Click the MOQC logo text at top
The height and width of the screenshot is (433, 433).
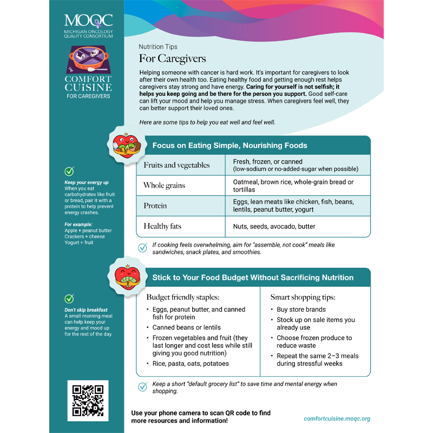(x=88, y=21)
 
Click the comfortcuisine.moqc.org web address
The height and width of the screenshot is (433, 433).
(x=337, y=418)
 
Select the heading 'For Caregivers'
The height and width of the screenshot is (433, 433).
(x=172, y=58)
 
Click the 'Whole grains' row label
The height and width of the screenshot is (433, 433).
(x=164, y=186)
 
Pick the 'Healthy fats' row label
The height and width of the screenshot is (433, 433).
(x=162, y=226)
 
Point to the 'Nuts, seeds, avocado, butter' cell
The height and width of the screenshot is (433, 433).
(x=274, y=226)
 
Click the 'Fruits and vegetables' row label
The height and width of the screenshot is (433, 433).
(x=176, y=165)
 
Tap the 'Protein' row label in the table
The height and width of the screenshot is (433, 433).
(x=155, y=206)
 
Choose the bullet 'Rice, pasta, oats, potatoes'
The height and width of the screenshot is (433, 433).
(x=190, y=364)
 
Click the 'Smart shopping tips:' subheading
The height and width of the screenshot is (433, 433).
(x=303, y=297)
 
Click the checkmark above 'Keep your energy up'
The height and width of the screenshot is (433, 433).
(x=69, y=172)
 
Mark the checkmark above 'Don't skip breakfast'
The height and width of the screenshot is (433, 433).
(x=69, y=299)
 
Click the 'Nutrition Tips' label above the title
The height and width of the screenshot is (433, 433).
(x=158, y=47)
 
